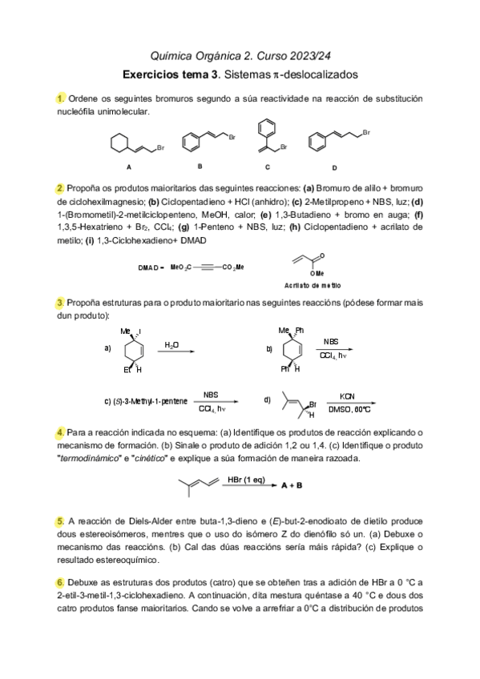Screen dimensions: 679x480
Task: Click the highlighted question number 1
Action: pos(60,98)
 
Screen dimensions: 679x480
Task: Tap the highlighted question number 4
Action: pos(60,432)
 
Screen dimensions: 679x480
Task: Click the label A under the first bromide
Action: pos(128,168)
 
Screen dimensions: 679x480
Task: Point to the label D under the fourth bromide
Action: pos(334,168)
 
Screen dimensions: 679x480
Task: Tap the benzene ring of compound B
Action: pos(192,145)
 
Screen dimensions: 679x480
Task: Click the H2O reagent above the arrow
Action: pos(171,344)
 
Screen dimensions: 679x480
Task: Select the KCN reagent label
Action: pos(347,396)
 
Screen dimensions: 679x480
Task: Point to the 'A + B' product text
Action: pos(292,484)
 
